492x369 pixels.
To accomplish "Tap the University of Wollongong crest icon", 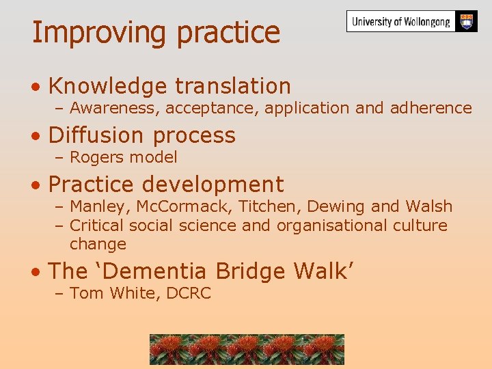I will click(467, 20).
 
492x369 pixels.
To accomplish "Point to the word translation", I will click(232, 86).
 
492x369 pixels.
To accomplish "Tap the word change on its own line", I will click(98, 244).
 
